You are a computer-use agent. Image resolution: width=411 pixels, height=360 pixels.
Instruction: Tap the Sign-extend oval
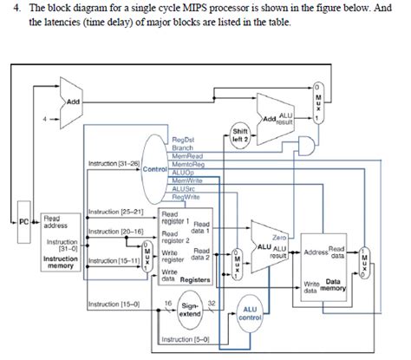[x=191, y=308]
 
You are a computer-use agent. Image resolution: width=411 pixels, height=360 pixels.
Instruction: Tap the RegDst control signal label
[x=183, y=139]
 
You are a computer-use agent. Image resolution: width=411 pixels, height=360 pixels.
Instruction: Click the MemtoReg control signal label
[x=187, y=163]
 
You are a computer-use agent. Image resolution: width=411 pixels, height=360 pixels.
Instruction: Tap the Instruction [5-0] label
[x=174, y=339]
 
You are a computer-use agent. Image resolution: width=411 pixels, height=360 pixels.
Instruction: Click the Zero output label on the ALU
[x=279, y=236]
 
